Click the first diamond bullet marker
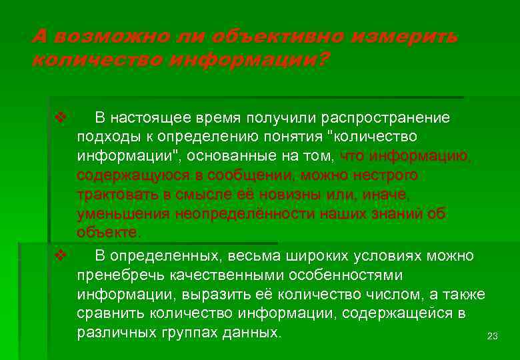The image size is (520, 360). click(x=59, y=118)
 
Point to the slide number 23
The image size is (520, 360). click(x=493, y=336)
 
